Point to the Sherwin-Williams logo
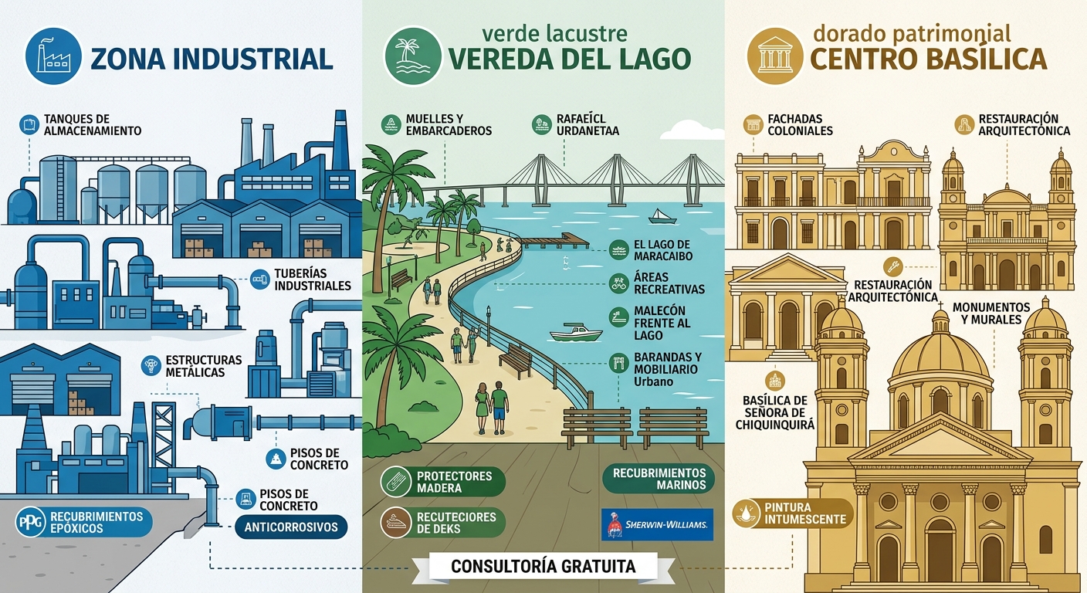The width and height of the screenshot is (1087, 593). pyautogui.click(x=655, y=524)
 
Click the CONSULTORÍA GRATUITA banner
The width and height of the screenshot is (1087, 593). pyautogui.click(x=543, y=567)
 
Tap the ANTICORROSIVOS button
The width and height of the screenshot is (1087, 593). pyautogui.click(x=290, y=528)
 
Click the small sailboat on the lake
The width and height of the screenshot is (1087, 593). pyautogui.click(x=662, y=216)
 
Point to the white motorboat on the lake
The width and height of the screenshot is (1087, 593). pyautogui.click(x=575, y=333)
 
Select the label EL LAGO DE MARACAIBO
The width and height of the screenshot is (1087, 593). pyautogui.click(x=662, y=250)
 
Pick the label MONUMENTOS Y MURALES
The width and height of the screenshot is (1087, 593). pyautogui.click(x=996, y=313)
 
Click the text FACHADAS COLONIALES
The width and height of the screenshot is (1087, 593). pyautogui.click(x=800, y=125)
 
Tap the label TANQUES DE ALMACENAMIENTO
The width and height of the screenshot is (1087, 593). pyautogui.click(x=93, y=125)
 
